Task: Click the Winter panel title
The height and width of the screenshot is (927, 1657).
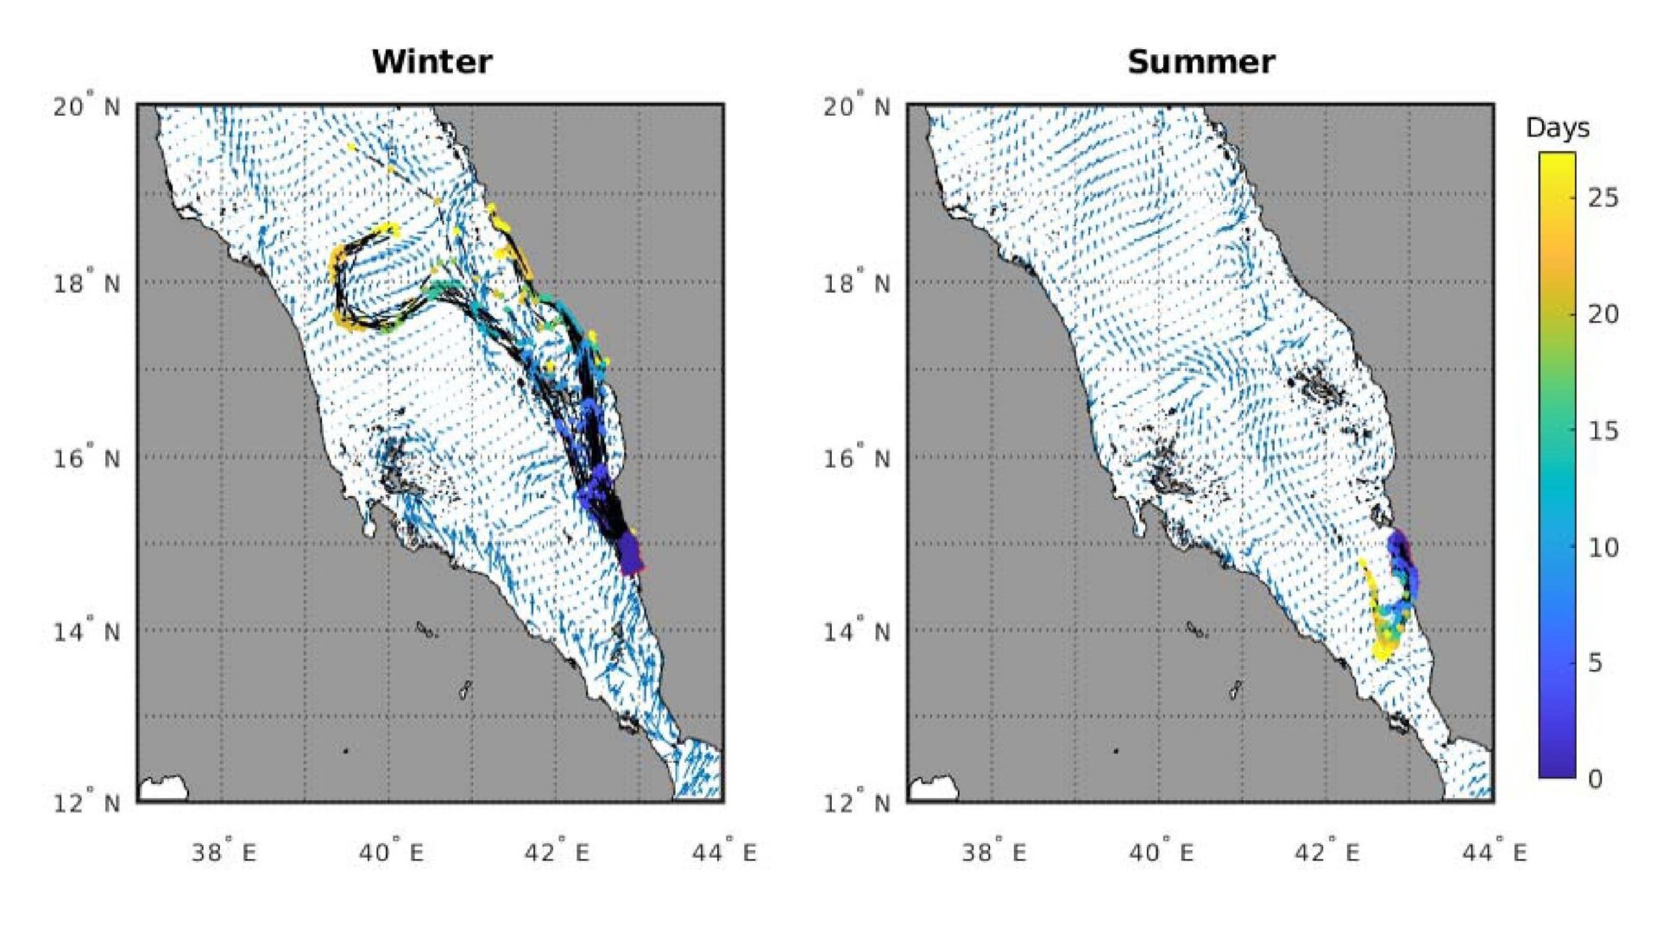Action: coord(432,62)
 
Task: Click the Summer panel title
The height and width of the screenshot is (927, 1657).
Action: coord(1200,62)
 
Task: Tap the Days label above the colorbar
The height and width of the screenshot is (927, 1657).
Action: coord(1557,128)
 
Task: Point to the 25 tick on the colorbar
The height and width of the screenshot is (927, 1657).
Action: coord(1603,198)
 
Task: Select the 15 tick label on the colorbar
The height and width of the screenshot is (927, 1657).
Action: coord(1603,431)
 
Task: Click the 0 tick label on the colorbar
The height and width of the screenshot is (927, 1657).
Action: coord(1595,779)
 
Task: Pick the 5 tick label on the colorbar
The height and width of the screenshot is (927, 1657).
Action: coord(1595,663)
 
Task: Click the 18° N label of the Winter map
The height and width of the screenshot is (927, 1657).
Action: coord(86,283)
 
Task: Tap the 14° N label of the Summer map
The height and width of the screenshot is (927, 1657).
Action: coord(856,632)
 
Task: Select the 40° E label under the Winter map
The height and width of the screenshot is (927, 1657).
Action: coord(391,853)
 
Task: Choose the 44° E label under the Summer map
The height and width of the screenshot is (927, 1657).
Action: coord(1494,853)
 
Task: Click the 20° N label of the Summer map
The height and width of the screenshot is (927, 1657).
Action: coord(856,107)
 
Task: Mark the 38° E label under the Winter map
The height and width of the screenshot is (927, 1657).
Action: coord(224,853)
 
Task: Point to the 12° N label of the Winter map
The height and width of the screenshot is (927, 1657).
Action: coord(86,804)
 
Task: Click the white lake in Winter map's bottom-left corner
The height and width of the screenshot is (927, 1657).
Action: coord(163,788)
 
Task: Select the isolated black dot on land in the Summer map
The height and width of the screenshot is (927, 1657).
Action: coord(1116,751)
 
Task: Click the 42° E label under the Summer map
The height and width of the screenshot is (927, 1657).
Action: coord(1326,853)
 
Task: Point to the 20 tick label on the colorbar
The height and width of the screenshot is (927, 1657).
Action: coord(1603,314)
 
